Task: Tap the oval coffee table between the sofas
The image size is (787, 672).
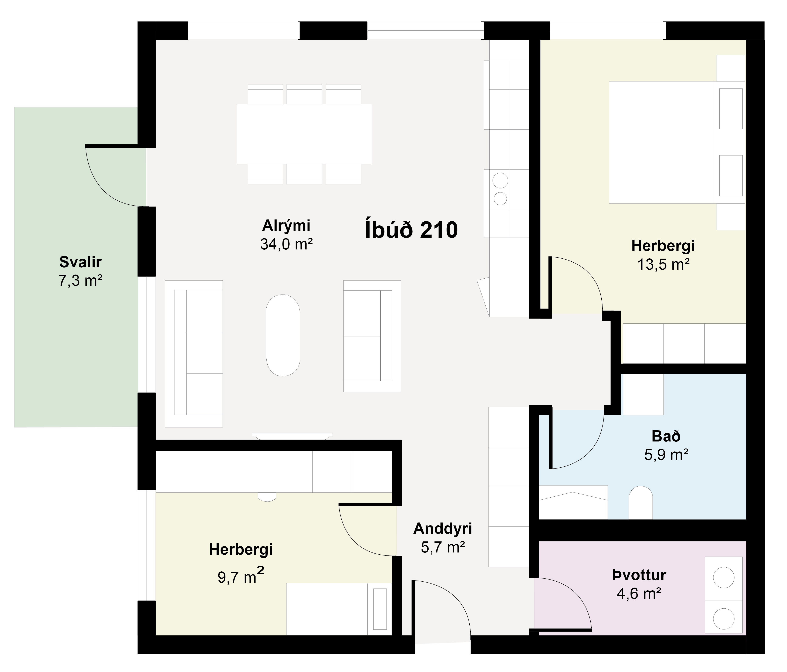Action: click(283, 335)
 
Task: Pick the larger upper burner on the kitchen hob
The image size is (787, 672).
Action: click(500, 181)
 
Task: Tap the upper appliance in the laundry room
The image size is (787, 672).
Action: click(724, 578)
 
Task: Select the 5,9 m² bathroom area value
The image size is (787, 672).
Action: click(666, 455)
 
